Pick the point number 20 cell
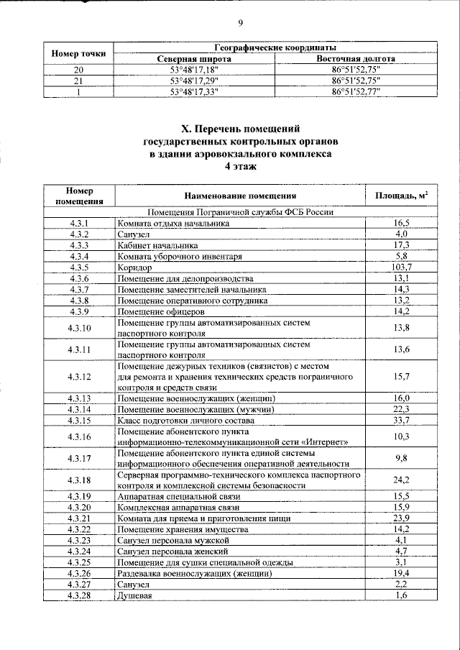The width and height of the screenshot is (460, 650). [79, 70]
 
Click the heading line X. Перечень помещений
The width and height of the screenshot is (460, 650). [229, 129]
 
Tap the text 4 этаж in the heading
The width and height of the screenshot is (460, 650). [229, 165]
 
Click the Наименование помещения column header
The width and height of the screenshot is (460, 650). [239, 196]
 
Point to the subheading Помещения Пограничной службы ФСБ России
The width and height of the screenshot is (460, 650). [239, 212]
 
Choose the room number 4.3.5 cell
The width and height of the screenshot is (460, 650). [79, 267]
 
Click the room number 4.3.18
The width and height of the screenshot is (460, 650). [79, 480]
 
